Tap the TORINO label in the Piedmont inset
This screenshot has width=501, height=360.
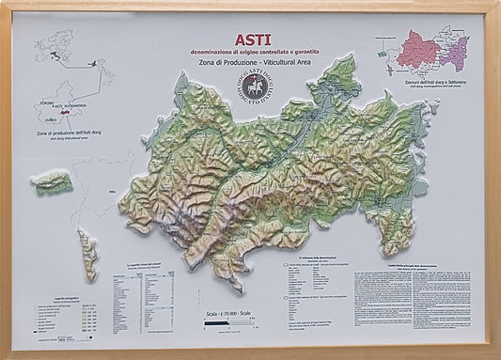(x=41, y=102)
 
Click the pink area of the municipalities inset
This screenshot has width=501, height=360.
(x=418, y=52)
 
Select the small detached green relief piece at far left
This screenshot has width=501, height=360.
(x=52, y=181)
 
